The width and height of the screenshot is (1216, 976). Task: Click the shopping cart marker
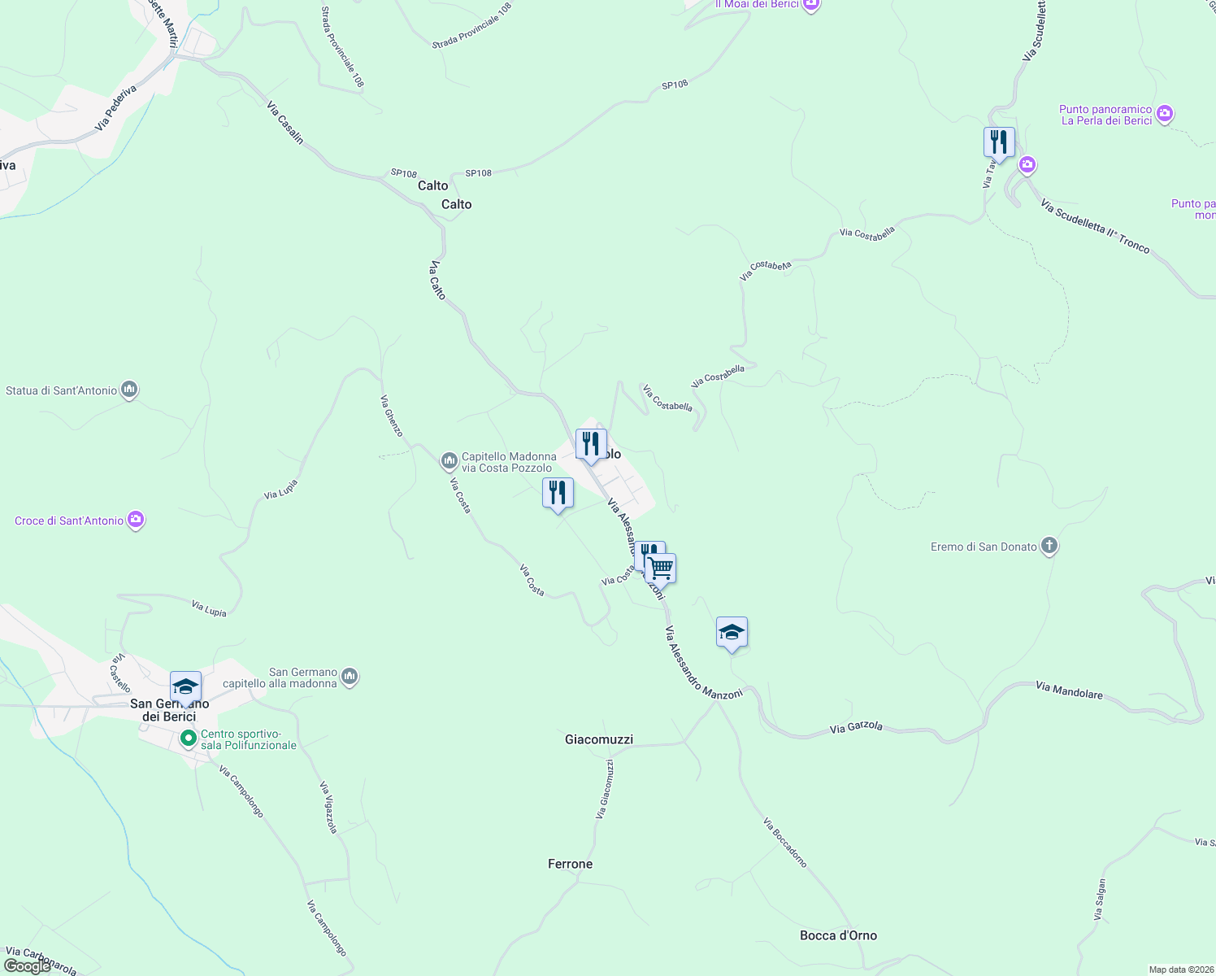pyautogui.click(x=661, y=568)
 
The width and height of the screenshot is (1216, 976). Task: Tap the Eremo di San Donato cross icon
pyautogui.click(x=1049, y=546)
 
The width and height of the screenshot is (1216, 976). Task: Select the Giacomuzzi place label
pyautogui.click(x=598, y=739)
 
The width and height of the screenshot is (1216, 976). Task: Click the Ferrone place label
pyautogui.click(x=570, y=864)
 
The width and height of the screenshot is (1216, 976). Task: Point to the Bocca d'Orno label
pyautogui.click(x=838, y=935)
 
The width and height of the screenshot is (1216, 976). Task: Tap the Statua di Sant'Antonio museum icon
pyautogui.click(x=129, y=390)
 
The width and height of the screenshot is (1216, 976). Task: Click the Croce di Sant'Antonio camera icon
pyautogui.click(x=137, y=520)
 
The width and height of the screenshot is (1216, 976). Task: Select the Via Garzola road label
pyautogui.click(x=856, y=726)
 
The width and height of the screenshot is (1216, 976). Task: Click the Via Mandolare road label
pyautogui.click(x=1069, y=691)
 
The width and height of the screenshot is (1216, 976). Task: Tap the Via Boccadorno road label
pyautogui.click(x=785, y=843)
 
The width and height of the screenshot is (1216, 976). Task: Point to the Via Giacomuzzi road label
pyautogui.click(x=605, y=789)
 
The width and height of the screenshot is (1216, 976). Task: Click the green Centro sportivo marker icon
pyautogui.click(x=188, y=739)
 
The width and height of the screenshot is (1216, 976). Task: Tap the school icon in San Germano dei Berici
pyautogui.click(x=185, y=686)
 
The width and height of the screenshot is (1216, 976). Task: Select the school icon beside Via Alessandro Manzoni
pyautogui.click(x=732, y=632)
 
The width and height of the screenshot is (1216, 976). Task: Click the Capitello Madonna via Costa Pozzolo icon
pyautogui.click(x=449, y=461)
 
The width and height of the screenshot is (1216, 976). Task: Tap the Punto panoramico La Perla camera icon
pyautogui.click(x=1165, y=114)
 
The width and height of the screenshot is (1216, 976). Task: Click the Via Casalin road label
pyautogui.click(x=285, y=123)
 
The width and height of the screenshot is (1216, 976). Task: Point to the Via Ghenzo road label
pyautogui.click(x=392, y=416)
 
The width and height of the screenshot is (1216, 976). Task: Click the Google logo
pyautogui.click(x=28, y=966)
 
